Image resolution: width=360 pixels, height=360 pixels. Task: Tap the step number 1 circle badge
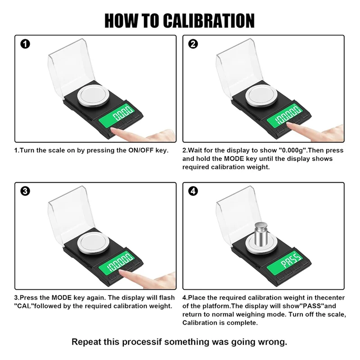click(x=26, y=44)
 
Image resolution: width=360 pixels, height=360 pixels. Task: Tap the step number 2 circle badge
click(x=193, y=44)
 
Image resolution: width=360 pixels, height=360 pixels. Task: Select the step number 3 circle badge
click(x=26, y=191)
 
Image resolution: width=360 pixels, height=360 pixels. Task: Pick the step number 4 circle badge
click(x=193, y=191)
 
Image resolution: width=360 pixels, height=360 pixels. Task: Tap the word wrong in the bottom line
click(x=272, y=342)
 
